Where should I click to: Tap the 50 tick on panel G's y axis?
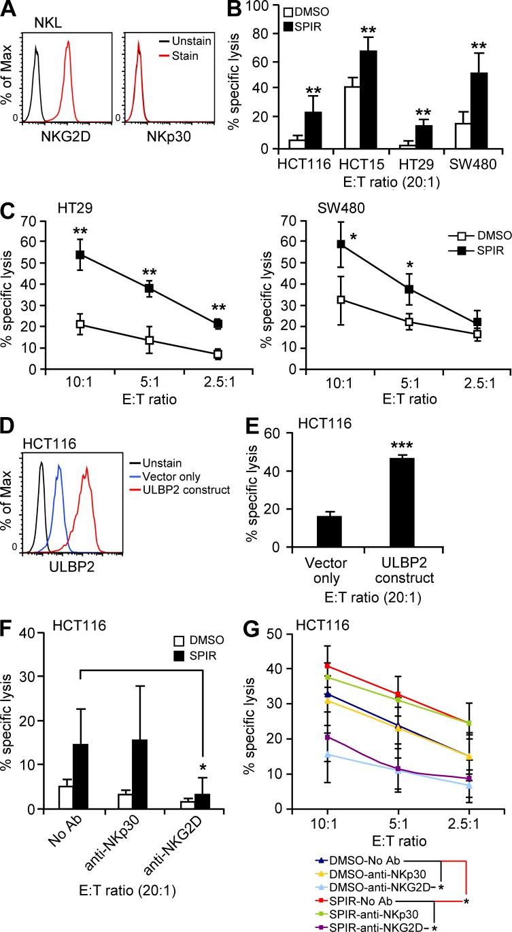tap(273, 633)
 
